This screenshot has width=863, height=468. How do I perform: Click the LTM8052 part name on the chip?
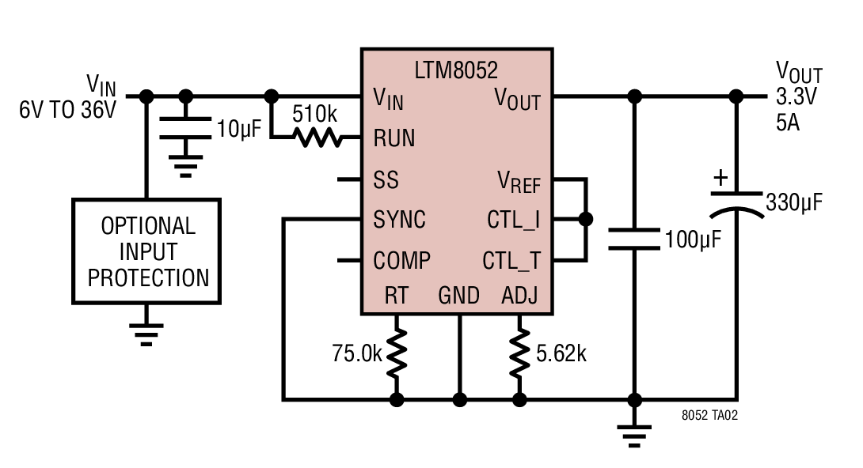(456, 70)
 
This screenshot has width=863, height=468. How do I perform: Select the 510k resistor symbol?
(317, 138)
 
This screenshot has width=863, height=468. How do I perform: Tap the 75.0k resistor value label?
(356, 353)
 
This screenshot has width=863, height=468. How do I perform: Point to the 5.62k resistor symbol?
(519, 353)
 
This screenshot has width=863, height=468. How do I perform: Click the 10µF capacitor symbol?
(185, 128)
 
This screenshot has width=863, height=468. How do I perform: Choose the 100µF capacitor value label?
(693, 239)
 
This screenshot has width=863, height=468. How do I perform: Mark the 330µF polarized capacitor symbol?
(736, 204)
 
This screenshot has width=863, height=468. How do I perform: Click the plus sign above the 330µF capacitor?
(720, 177)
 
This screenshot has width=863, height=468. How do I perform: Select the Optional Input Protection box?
(146, 251)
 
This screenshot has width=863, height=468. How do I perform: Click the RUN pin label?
(394, 138)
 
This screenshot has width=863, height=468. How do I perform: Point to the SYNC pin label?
(400, 220)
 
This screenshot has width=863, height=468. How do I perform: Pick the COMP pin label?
(401, 260)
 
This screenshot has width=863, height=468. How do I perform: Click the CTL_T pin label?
(511, 260)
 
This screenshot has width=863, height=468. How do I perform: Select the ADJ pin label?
(519, 296)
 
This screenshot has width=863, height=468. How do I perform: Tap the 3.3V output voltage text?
(796, 96)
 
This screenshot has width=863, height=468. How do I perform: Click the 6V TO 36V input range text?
(68, 110)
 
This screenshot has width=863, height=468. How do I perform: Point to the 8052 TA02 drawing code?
(709, 415)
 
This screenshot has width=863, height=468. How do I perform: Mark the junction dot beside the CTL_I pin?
(586, 219)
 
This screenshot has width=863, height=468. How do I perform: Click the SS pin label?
(386, 179)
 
